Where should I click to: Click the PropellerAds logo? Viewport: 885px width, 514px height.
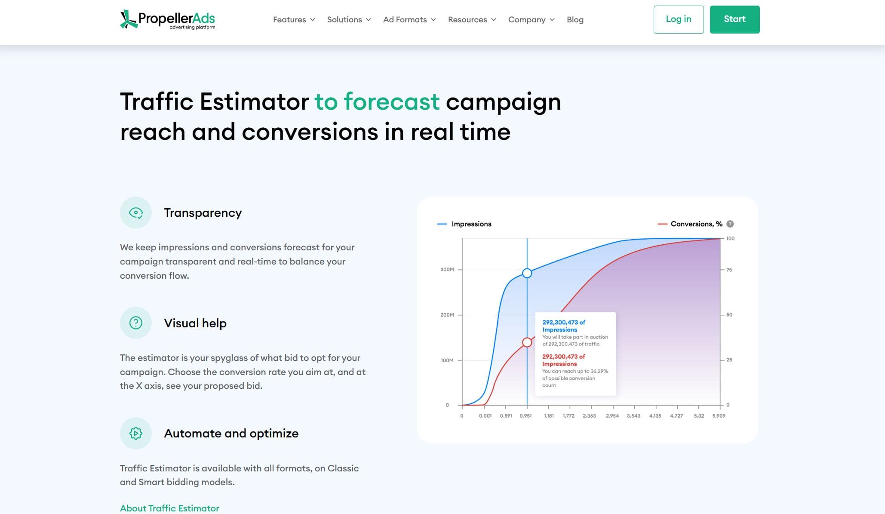167,19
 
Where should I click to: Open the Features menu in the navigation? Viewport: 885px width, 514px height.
294,20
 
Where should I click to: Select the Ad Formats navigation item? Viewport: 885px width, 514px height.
409,20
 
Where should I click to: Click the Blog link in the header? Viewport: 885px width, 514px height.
575,20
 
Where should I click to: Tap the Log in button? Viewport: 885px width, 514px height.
679,19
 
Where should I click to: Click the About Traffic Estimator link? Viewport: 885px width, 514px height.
169,508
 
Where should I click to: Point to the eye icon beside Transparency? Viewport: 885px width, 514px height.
136,212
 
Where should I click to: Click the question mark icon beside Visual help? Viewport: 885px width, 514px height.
136,323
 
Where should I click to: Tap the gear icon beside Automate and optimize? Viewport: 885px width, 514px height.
136,433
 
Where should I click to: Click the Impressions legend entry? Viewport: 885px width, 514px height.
464,224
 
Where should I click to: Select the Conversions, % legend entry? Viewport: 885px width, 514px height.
690,224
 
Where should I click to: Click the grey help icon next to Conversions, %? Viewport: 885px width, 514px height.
730,224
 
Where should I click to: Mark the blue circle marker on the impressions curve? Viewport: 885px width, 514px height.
527,273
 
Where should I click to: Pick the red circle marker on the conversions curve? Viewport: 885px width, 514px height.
527,342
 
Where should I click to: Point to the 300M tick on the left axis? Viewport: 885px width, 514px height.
447,270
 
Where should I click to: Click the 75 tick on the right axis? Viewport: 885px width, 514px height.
729,270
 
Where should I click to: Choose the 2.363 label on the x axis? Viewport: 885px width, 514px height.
589,416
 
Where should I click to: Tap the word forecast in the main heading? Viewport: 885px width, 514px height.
392,102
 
